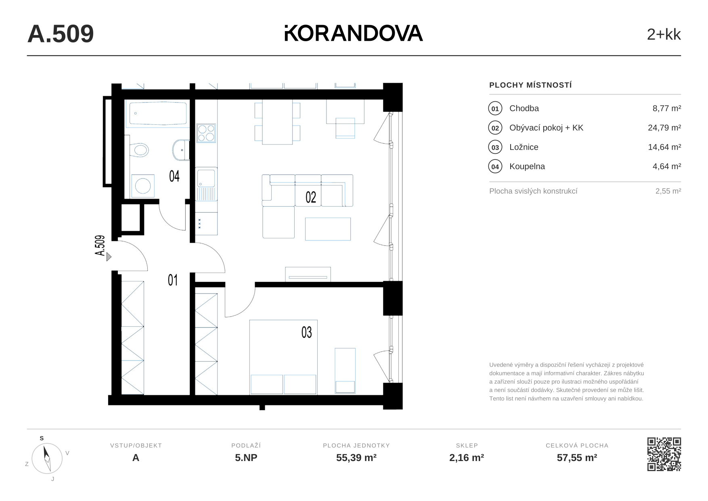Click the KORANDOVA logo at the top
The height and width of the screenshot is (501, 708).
pos(354,33)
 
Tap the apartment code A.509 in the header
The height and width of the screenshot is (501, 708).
pos(61,34)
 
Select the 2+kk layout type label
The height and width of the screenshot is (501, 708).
pos(664,35)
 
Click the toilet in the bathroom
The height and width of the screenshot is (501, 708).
pos(140,150)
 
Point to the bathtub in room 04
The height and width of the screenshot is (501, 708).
pos(158,113)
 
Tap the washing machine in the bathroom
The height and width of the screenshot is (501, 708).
pos(142,186)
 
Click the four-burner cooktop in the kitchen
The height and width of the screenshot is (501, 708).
pos(206,133)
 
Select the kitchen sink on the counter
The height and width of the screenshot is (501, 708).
pos(206,184)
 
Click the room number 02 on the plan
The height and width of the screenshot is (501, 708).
pos(311,197)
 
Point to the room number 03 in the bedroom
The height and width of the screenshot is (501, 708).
pos(307,332)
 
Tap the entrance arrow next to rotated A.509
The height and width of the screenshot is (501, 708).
pos(109,257)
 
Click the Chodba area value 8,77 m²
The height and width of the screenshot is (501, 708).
pos(667,108)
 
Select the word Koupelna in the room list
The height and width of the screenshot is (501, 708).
pos(527,166)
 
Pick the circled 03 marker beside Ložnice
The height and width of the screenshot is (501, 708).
pos(495,147)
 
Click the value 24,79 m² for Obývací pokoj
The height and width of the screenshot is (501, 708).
pos(664,128)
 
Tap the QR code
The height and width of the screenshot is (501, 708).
pos(664,454)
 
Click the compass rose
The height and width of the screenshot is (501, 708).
pos(47,458)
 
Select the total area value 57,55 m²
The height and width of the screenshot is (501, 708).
pos(577,457)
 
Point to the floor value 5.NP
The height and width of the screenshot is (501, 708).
pos(246,457)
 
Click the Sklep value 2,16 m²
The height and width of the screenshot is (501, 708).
pos(467,457)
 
